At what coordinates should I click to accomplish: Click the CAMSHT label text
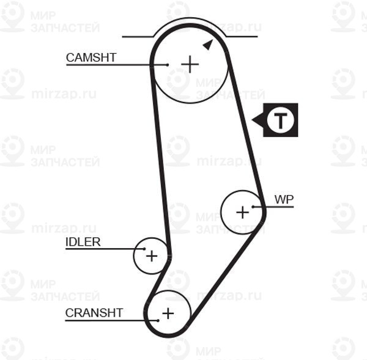point(91,57)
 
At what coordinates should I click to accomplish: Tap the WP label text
point(284,199)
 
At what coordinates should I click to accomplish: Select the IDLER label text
point(83,241)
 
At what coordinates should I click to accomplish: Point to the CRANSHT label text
point(94,313)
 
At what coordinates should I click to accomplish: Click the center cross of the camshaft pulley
point(190,64)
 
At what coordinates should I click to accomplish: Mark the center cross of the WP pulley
point(243,212)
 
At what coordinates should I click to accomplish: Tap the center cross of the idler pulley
point(151,255)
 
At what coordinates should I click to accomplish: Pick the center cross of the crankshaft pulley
point(168,314)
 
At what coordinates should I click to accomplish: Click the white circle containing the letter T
point(280,120)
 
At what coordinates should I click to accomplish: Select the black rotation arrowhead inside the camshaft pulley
point(208,44)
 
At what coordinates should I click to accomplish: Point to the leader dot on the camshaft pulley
point(167,64)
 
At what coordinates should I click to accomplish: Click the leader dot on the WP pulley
point(262,207)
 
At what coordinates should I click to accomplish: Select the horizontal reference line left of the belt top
point(138,37)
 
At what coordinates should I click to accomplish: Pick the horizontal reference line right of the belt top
point(242,37)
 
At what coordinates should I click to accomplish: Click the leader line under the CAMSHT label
point(110,64)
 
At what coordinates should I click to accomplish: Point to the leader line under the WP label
point(278,207)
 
